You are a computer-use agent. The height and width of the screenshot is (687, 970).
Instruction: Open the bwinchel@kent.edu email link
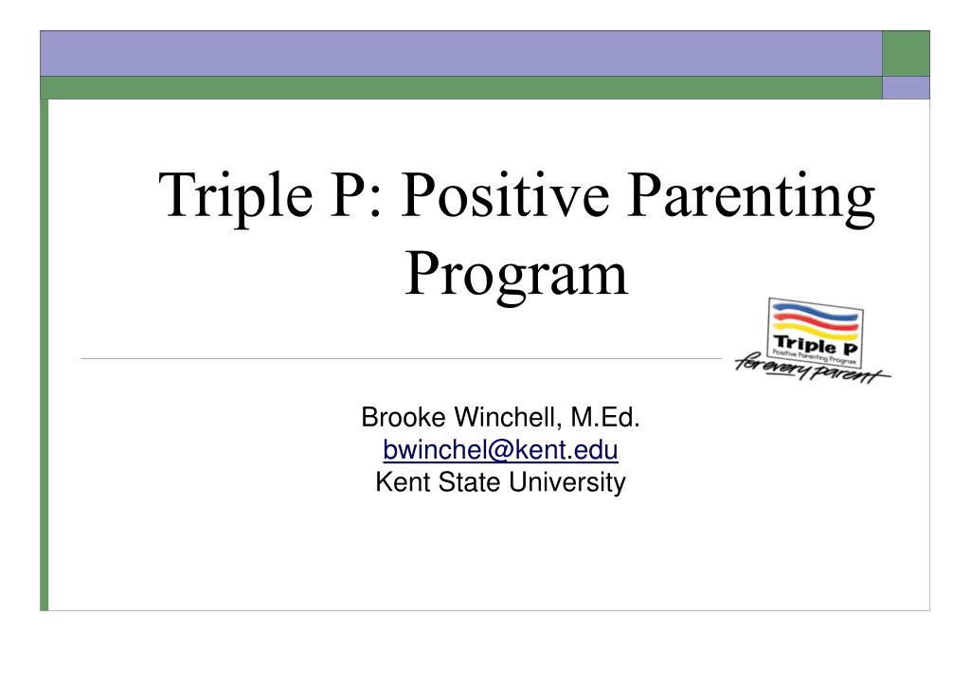[x=500, y=449]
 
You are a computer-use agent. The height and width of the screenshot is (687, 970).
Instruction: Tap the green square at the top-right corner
[x=906, y=53]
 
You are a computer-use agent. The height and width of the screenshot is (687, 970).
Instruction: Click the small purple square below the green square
[x=906, y=88]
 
